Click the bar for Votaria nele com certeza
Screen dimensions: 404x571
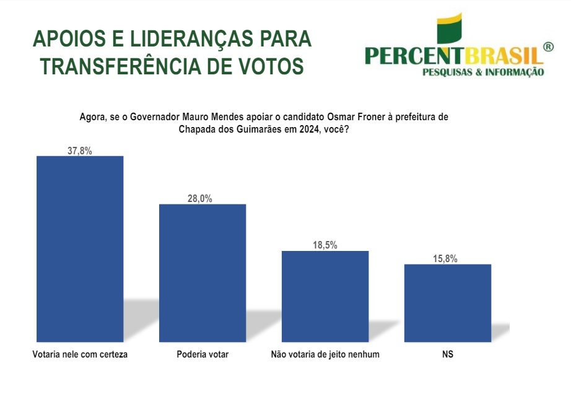pos(81,248)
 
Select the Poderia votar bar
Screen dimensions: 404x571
pos(203,273)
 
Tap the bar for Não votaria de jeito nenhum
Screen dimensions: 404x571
pos(325,296)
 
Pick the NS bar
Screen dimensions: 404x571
pos(448,303)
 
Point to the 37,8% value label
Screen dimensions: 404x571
pos(81,150)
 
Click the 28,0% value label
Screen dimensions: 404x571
pos(203,198)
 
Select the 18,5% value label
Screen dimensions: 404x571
pos(325,245)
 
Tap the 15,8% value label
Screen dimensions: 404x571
pos(448,259)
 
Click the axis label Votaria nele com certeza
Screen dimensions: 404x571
pos(79,355)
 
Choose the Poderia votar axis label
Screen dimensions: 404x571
pos(203,355)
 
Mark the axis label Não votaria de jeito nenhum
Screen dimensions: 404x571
pos(325,355)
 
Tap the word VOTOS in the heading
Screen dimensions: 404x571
pos(269,66)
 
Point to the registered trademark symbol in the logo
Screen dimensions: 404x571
pos(547,47)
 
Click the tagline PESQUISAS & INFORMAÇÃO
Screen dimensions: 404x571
pos(483,72)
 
